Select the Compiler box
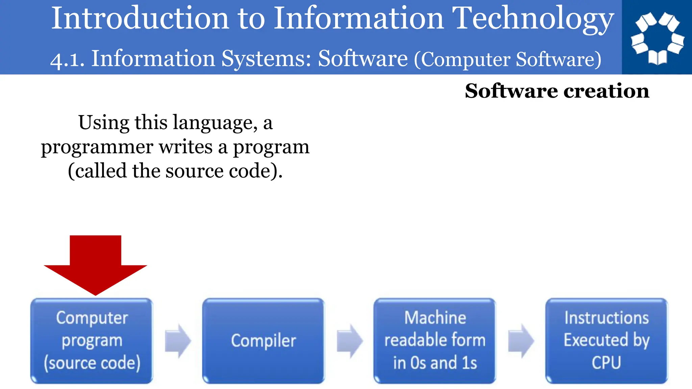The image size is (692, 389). click(x=263, y=341)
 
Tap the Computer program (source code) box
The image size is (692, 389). click(x=92, y=341)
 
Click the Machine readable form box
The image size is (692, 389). click(x=435, y=341)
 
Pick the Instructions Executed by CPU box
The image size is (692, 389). click(x=607, y=341)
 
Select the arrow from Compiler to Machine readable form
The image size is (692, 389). click(x=350, y=341)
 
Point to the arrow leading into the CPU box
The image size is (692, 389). click(x=521, y=341)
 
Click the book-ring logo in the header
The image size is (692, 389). click(x=657, y=37)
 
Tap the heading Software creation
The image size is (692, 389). click(x=557, y=91)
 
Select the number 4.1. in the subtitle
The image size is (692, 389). click(x=67, y=60)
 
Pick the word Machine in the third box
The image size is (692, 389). click(x=435, y=318)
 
